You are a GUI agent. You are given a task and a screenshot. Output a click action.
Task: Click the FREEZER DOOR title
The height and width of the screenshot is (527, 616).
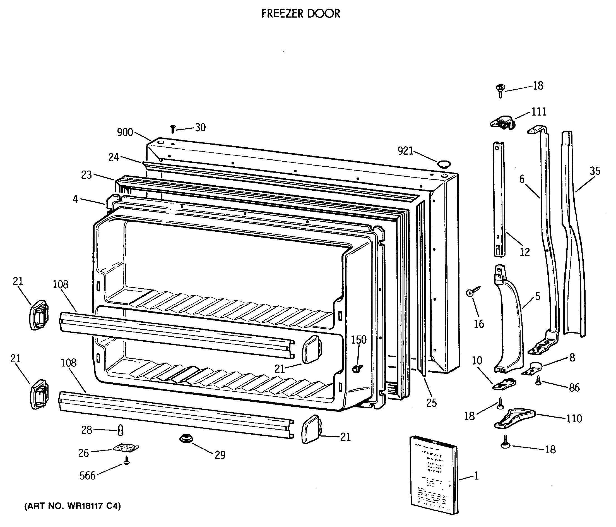coord(300,14)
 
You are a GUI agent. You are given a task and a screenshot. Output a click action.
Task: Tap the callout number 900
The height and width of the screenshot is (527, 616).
coord(125,132)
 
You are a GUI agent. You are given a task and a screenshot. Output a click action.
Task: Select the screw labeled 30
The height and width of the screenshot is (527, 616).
coord(173,129)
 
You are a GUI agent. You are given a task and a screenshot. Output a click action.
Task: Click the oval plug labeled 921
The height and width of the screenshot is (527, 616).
coord(444,164)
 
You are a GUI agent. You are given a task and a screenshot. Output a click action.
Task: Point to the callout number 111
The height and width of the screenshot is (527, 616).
coord(539,112)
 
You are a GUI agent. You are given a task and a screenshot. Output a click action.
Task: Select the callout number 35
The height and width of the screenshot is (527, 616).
coord(595,171)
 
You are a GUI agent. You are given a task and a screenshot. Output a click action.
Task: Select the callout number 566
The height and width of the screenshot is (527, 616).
coord(87,476)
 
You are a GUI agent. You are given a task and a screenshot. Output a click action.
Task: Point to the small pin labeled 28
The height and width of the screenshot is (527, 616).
coord(121,430)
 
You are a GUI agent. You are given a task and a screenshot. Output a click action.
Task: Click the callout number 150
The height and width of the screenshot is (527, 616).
coord(358,340)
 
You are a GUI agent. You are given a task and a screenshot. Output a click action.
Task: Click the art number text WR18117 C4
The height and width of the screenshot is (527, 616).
coord(73,506)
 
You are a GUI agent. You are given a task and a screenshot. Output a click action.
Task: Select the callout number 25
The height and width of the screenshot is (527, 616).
coord(431,403)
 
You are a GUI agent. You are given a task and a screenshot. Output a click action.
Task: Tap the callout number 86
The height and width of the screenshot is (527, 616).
coord(574,387)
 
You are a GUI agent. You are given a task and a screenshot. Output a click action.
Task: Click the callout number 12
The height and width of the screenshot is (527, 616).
coord(525,252)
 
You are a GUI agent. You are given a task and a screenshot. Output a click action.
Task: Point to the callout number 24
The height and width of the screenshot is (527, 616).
coord(114,157)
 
